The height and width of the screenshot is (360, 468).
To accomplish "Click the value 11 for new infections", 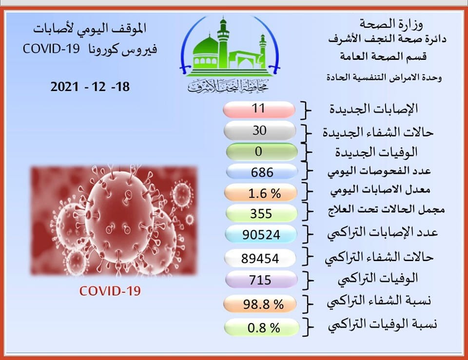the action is point(258,108).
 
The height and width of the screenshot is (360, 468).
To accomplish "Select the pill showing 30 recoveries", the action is point(260,131).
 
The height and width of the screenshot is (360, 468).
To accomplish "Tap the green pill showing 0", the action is point(262,152).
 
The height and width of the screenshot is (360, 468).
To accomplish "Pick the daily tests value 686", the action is point(262,172).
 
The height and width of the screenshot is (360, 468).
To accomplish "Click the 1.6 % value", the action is point(264,194).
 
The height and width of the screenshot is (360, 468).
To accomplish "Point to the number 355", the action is point(261,213).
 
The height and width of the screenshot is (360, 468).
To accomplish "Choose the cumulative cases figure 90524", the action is point(261,235).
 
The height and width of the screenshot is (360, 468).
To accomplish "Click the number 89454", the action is point(260,258).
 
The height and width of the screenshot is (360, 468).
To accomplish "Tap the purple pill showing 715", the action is point(261,280).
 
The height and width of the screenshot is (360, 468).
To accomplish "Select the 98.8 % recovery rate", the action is point(263,304).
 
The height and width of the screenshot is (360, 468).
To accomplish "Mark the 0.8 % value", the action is point(264,328).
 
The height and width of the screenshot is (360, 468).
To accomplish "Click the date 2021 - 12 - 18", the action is point(90,87).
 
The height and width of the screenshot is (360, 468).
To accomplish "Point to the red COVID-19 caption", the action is point(110,291).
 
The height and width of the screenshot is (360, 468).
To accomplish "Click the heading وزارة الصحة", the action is point(391,24).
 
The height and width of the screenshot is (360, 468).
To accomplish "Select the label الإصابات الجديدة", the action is point(374,109).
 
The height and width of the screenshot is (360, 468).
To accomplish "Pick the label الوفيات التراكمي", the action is point(377,279).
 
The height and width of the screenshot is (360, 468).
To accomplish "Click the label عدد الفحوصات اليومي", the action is point(379,171).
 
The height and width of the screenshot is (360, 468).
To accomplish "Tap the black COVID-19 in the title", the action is point(51,49).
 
